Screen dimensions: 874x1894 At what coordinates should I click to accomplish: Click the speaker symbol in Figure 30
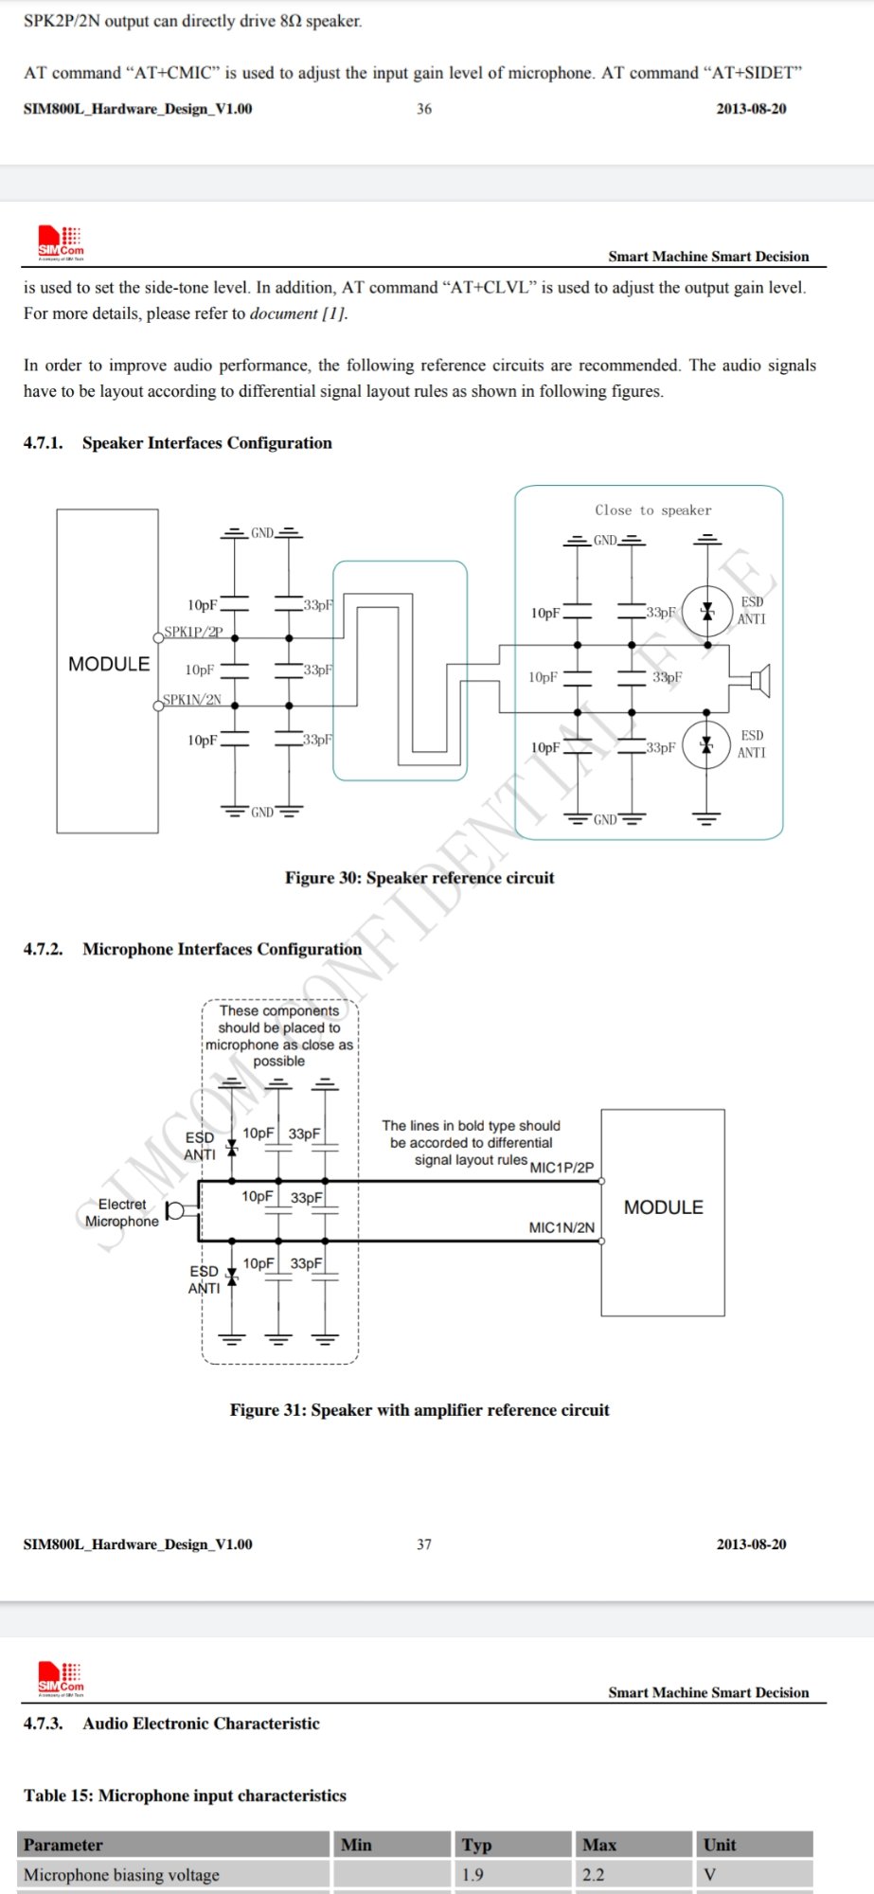click(x=760, y=679)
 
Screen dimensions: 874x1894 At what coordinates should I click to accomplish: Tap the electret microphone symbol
click(x=175, y=1210)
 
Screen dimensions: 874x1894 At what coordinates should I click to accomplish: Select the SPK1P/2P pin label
click(x=193, y=632)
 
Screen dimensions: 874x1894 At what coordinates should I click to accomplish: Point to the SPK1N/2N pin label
click(x=192, y=700)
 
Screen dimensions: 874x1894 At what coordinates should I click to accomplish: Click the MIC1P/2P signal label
click(x=562, y=1168)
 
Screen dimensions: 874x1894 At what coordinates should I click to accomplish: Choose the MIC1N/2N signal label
click(x=562, y=1227)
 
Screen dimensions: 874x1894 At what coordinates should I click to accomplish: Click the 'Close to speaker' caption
click(x=653, y=509)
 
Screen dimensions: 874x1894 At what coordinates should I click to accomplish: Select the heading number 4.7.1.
click(x=43, y=442)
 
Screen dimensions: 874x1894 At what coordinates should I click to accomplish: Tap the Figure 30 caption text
click(x=419, y=878)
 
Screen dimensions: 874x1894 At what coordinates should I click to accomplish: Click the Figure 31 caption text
click(x=419, y=1410)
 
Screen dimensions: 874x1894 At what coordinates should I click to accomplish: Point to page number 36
click(x=424, y=109)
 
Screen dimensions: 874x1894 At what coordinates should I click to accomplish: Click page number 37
click(x=424, y=1545)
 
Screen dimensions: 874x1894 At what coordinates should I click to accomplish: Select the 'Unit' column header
click(x=720, y=1845)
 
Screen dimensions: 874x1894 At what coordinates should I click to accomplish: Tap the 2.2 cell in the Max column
click(x=593, y=1875)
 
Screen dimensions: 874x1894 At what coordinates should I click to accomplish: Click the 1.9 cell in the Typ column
click(x=473, y=1875)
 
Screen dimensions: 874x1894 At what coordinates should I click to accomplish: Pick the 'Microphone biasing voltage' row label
click(x=121, y=1875)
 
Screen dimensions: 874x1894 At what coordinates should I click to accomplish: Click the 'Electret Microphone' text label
click(x=122, y=1213)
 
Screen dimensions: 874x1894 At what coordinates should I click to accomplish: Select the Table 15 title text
click(x=185, y=1796)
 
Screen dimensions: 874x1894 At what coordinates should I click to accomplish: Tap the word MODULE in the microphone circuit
click(x=664, y=1207)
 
